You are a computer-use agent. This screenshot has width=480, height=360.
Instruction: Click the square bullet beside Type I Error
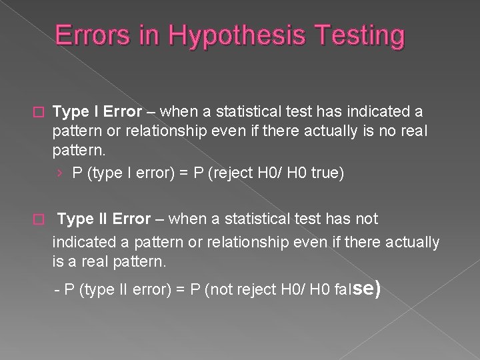coord(38,110)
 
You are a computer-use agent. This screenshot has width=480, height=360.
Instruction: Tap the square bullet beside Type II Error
coord(38,219)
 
